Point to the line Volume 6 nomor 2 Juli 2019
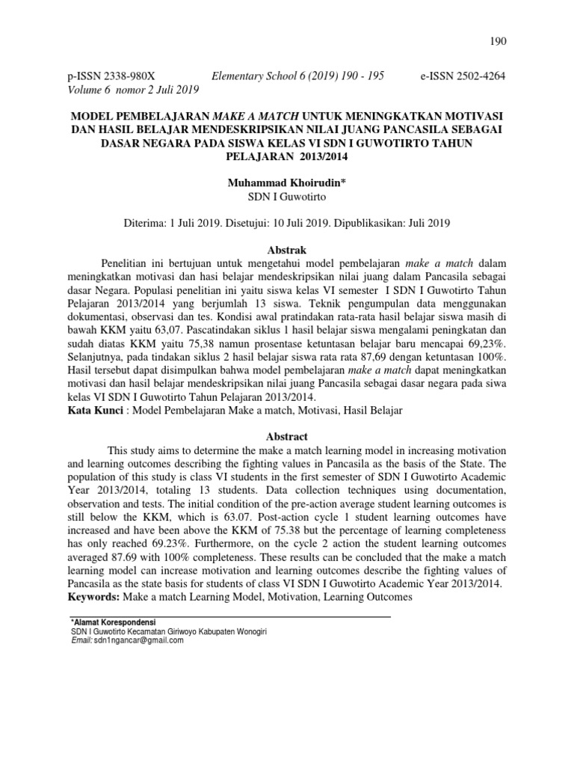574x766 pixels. pyautogui.click(x=134, y=90)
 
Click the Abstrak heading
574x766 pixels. pyautogui.click(x=287, y=250)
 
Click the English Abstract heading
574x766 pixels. pyautogui.click(x=287, y=436)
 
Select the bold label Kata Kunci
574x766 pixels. pyautogui.click(x=93, y=410)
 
